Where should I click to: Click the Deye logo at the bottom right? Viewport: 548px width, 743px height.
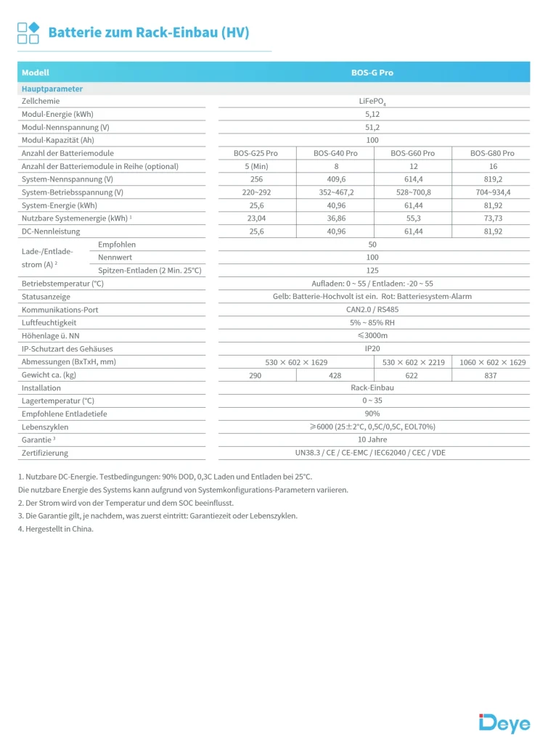(x=504, y=723)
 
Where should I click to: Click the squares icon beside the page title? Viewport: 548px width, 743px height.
(x=28, y=33)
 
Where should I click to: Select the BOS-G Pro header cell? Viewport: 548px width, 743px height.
(x=372, y=73)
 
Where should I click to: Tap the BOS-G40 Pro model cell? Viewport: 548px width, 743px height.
(x=335, y=153)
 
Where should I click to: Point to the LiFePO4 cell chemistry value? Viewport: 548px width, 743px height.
(x=372, y=102)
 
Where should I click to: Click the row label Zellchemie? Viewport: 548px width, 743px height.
(x=41, y=102)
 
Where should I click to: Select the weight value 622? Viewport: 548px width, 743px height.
(x=412, y=375)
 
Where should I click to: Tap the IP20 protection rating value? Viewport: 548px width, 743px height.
(x=372, y=349)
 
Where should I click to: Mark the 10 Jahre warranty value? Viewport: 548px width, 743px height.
(x=372, y=440)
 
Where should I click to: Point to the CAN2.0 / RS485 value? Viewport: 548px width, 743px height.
(x=372, y=310)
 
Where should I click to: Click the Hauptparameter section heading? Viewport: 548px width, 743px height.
(x=52, y=89)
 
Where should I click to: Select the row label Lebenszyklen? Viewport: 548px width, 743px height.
(x=45, y=427)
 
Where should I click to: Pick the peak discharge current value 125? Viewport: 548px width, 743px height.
(x=372, y=271)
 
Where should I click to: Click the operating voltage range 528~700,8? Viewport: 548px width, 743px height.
(x=412, y=192)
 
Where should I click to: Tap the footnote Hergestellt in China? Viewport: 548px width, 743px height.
(x=56, y=529)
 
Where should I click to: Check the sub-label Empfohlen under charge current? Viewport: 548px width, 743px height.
(x=117, y=245)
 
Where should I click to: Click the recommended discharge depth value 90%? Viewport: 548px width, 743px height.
(x=372, y=414)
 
